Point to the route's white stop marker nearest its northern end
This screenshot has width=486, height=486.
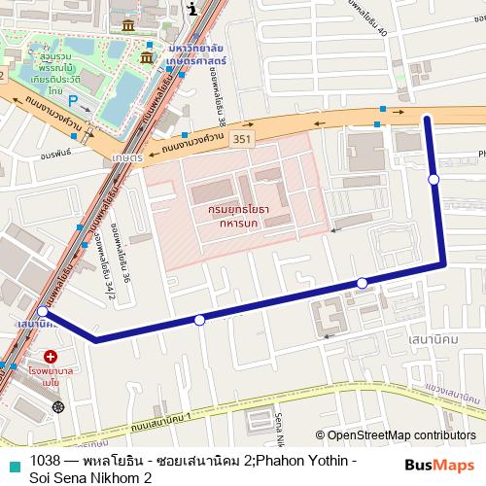click(434, 179)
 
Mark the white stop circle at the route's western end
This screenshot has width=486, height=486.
click(43, 313)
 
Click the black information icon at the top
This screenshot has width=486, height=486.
click(192, 9)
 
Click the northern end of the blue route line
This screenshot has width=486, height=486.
click(426, 118)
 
